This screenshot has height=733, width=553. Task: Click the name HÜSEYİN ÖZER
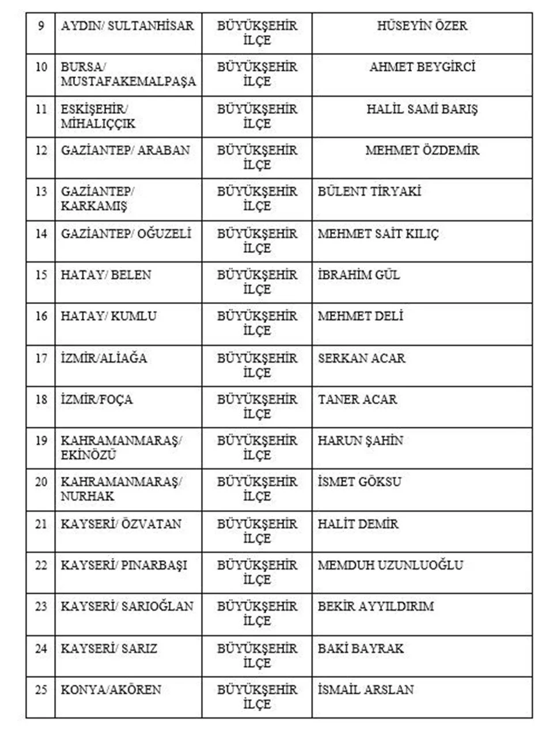coord(422,26)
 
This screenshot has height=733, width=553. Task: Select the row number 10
coord(41,67)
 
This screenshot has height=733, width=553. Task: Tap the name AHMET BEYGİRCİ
coord(422,67)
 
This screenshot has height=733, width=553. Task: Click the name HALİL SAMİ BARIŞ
coord(422,109)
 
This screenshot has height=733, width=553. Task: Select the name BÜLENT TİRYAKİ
coord(369,192)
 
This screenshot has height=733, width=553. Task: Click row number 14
coord(41,234)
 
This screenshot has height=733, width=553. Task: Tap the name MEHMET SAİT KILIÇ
coord(378,234)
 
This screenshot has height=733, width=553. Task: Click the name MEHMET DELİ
coord(360,316)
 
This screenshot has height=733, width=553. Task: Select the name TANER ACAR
coord(357,399)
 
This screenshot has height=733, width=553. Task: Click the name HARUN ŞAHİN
coord(360,440)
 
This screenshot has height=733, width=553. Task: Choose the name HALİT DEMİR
coord(358,524)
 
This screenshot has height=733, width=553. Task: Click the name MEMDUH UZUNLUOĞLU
coord(390,565)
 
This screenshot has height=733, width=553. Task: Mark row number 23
coord(41,606)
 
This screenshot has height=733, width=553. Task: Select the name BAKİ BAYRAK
coord(361,648)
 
